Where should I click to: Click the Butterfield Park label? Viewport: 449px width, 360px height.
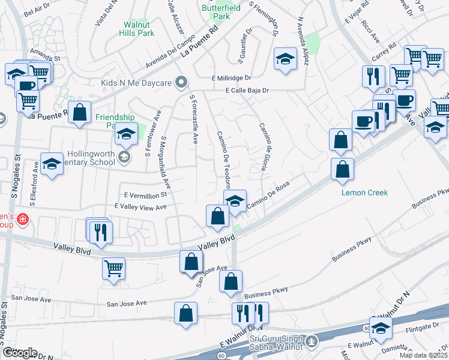click(x=216, y=12)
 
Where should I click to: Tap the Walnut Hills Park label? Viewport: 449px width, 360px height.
click(x=140, y=29)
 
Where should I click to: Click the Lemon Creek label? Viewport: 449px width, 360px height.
click(x=365, y=193)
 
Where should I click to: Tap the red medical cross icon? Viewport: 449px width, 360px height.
click(x=23, y=220)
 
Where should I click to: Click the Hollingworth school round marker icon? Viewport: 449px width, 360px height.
click(x=124, y=157)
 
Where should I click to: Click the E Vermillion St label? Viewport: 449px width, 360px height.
click(x=145, y=195)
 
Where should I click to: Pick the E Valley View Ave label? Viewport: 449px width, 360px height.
click(x=140, y=207)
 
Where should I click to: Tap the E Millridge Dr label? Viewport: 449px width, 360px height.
click(x=231, y=78)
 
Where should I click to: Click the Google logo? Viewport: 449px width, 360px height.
click(x=19, y=353)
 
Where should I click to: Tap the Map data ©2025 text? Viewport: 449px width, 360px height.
click(x=423, y=355)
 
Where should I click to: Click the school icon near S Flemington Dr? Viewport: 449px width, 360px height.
click(x=286, y=59)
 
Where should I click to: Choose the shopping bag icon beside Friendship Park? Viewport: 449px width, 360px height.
click(x=79, y=112)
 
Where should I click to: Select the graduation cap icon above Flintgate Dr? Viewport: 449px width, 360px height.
click(x=381, y=328)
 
